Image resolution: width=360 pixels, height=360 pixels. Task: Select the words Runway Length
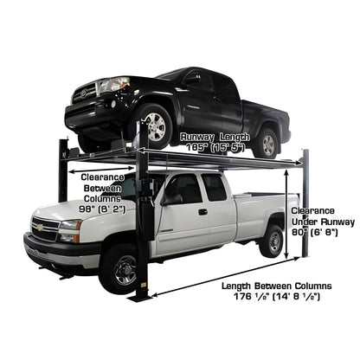click(216, 137)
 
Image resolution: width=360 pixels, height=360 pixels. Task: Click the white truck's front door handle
click(202, 212)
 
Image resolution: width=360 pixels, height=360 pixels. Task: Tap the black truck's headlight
click(113, 85)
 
